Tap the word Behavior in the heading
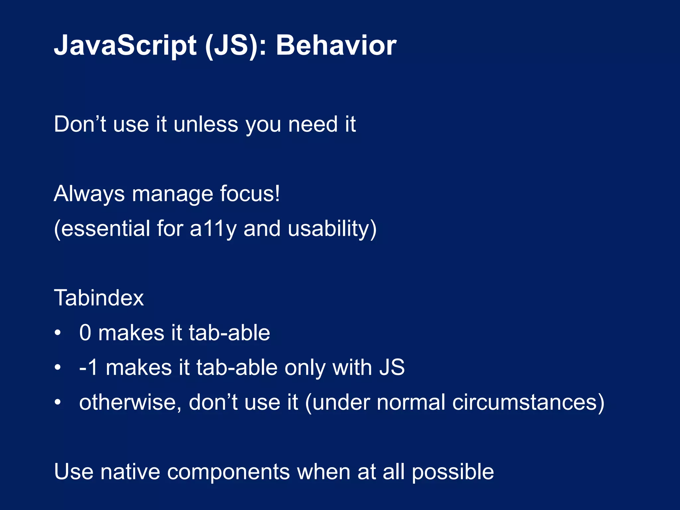pos(336,45)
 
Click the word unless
pos(206,125)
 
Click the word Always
pos(89,194)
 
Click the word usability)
pos(332,229)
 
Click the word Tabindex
pos(99,298)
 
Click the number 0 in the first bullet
pos(85,333)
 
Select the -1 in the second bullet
pos(88,368)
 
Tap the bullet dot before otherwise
pos(58,402)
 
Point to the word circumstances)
pos(528,402)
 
